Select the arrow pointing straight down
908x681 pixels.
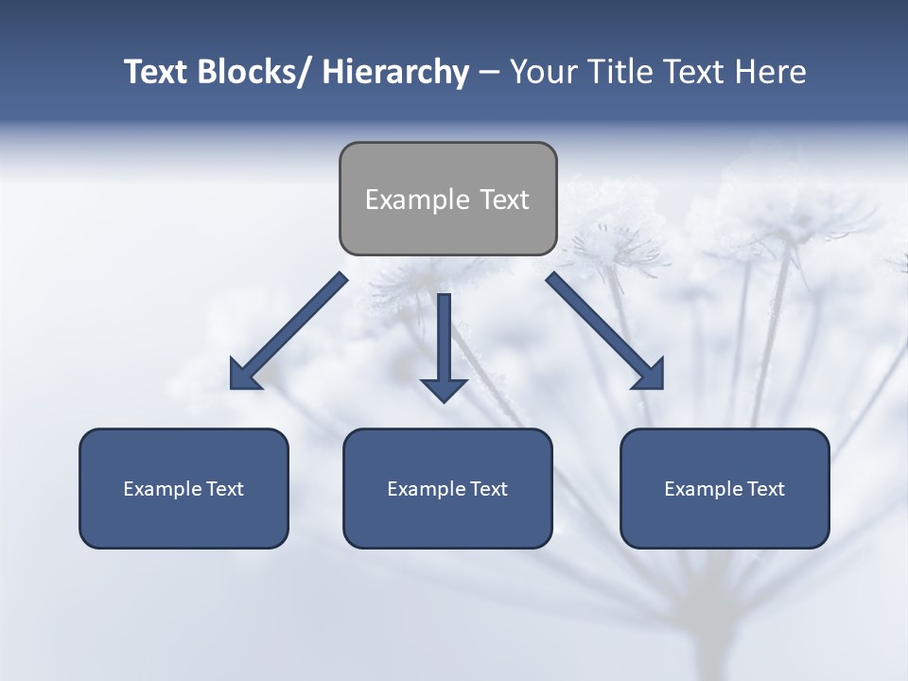(x=444, y=345)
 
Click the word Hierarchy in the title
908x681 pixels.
(x=395, y=72)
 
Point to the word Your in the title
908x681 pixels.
(x=545, y=72)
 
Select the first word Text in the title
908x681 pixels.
(x=157, y=72)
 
